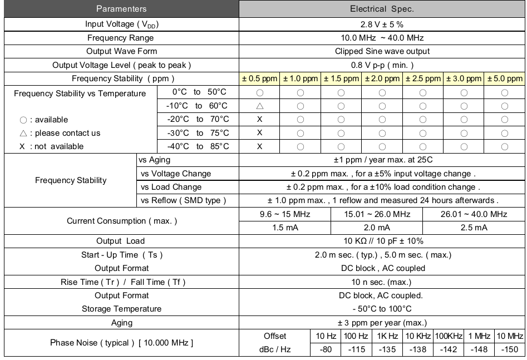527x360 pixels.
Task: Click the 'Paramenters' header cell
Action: (x=121, y=9)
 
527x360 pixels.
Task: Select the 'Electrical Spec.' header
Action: (x=382, y=9)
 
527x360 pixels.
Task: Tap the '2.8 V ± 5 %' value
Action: (x=382, y=24)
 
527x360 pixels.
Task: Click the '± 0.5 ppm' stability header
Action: (x=259, y=79)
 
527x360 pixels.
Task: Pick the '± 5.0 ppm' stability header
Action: (x=505, y=79)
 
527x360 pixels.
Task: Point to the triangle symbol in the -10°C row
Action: (x=259, y=106)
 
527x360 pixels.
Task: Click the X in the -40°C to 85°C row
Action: (x=259, y=146)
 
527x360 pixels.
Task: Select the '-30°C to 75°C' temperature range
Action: (x=198, y=133)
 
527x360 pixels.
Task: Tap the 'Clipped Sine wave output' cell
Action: (x=382, y=52)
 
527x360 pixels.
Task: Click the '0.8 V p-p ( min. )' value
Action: (x=382, y=65)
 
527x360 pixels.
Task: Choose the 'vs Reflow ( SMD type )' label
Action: (x=184, y=200)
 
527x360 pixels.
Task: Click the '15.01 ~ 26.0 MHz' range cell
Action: (x=377, y=214)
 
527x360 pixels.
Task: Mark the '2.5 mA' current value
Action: (x=474, y=228)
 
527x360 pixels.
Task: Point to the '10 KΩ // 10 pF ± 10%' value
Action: (x=382, y=241)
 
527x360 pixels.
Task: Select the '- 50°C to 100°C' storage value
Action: (x=382, y=309)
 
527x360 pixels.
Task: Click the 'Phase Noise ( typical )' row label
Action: (x=121, y=343)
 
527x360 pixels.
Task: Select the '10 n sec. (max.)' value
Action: (x=382, y=282)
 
